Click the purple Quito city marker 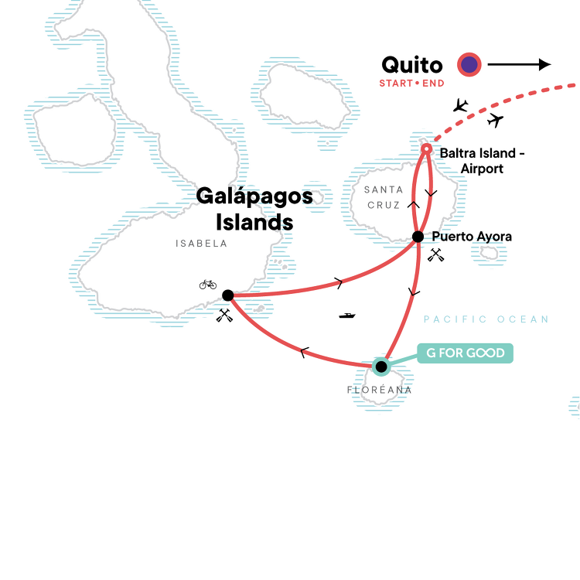click(x=469, y=65)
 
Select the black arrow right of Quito click(x=518, y=65)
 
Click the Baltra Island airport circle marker click(x=425, y=148)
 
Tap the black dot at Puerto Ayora click(x=418, y=237)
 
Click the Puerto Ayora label click(x=472, y=237)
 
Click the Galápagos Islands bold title click(x=254, y=209)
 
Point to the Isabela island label click(x=201, y=243)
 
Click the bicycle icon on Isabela click(x=208, y=284)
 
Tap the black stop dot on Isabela click(x=227, y=295)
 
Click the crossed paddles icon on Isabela click(x=224, y=314)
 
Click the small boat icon click(x=347, y=316)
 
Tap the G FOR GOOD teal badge click(x=465, y=353)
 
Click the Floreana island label click(x=380, y=391)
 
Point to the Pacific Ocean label click(x=486, y=319)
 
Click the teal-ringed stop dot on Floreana click(x=380, y=367)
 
